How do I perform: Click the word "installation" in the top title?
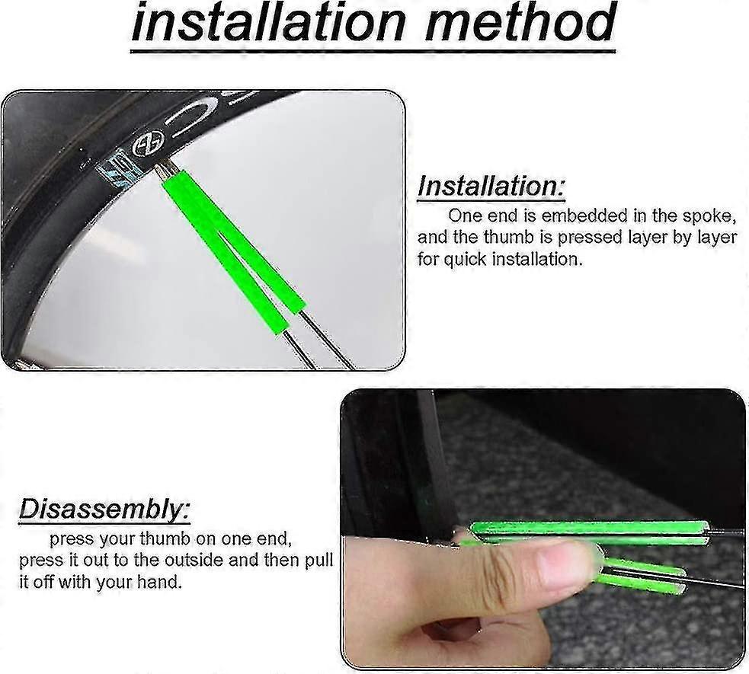[x=267, y=22]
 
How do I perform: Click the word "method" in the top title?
[x=520, y=22]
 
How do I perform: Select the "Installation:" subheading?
[x=491, y=186]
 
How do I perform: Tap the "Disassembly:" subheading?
[x=104, y=509]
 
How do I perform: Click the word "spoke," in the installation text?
[x=709, y=217]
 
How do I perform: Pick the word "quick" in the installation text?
[x=466, y=260]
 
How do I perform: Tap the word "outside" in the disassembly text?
[x=194, y=560]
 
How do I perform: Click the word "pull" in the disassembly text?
[x=318, y=560]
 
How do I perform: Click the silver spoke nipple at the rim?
[x=164, y=170]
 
